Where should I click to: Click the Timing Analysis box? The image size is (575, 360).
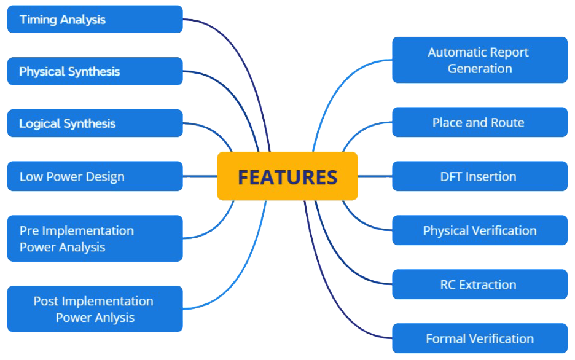(x=95, y=19)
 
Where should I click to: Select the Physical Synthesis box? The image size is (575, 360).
(x=95, y=71)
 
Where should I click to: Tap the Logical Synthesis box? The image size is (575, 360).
(x=95, y=123)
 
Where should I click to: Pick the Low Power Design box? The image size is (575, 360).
(x=95, y=176)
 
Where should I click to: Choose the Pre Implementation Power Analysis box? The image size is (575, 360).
(x=95, y=238)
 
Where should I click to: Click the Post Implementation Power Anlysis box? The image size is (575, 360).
(x=95, y=309)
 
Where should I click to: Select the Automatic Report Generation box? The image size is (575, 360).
(x=479, y=60)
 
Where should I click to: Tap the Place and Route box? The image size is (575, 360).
(x=479, y=122)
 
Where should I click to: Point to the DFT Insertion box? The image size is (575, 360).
(x=479, y=176)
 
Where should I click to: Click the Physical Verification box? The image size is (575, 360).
(x=479, y=230)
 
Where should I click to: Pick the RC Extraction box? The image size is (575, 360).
(x=479, y=284)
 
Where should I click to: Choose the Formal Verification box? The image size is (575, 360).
(x=479, y=338)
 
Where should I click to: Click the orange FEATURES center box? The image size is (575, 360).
(x=287, y=176)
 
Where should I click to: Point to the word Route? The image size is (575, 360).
(x=507, y=122)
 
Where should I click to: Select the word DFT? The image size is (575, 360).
(x=452, y=176)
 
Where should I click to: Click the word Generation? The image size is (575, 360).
(x=480, y=68)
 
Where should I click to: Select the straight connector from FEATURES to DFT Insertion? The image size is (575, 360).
(x=375, y=176)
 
